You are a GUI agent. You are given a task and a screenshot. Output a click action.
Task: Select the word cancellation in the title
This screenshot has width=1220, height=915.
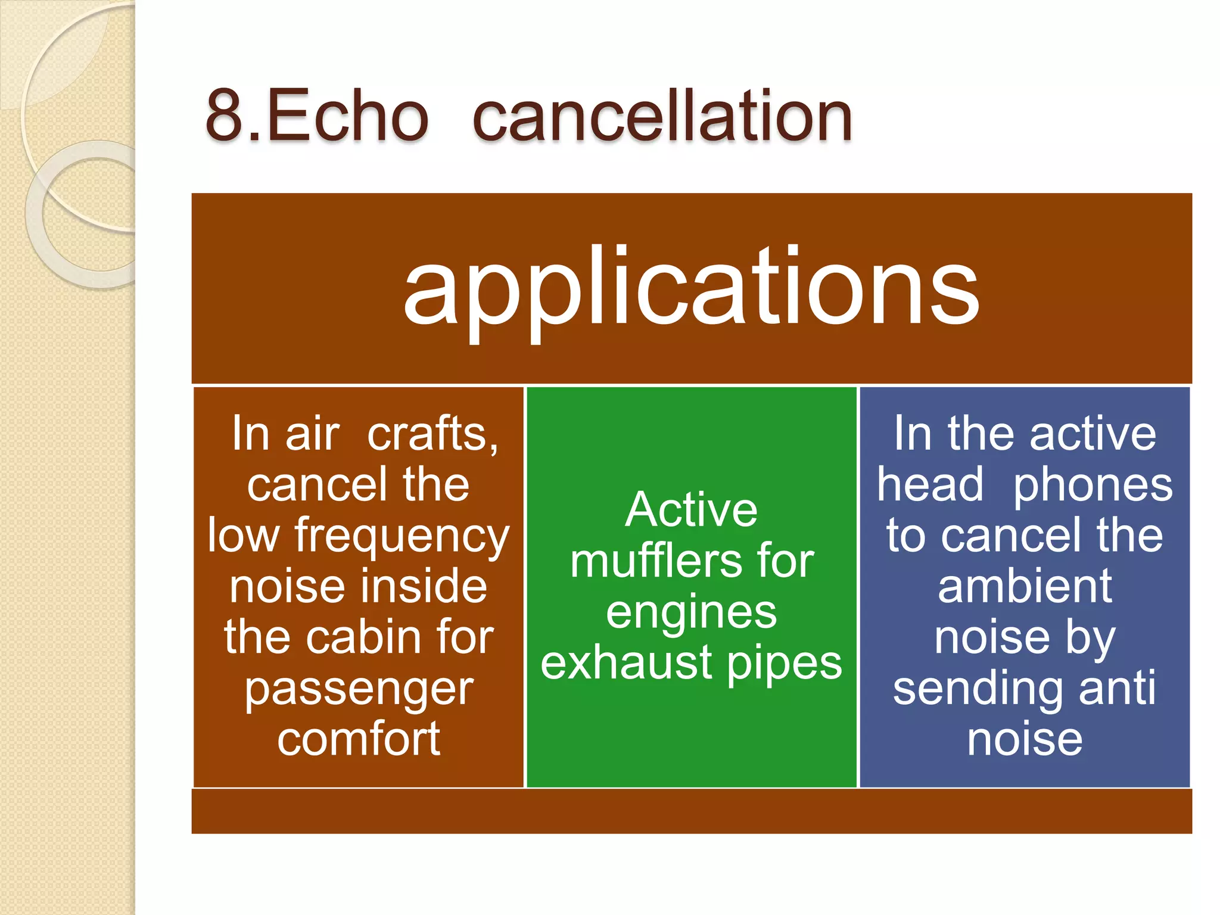click(x=662, y=116)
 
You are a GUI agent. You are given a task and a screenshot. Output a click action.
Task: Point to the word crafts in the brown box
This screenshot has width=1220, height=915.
click(x=432, y=434)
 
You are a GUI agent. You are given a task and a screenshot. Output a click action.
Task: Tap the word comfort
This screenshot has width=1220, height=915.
click(x=359, y=739)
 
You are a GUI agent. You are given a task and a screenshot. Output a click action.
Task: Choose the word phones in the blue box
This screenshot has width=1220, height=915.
click(x=1093, y=486)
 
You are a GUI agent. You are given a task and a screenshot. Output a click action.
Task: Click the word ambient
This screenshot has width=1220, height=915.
click(x=1025, y=586)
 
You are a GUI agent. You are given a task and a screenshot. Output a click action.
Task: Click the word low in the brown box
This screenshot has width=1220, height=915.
click(x=243, y=536)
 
